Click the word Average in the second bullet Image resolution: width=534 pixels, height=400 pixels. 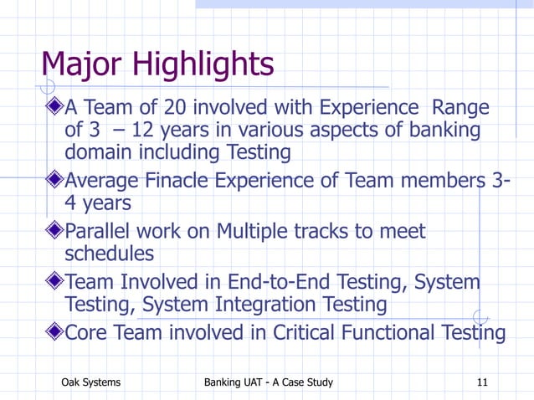[x=108, y=180]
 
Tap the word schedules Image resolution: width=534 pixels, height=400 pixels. [x=109, y=254]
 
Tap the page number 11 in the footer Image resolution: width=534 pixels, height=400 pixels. [x=481, y=382]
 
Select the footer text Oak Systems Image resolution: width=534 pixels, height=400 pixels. [x=91, y=382]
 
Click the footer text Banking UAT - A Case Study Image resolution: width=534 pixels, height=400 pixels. [x=269, y=382]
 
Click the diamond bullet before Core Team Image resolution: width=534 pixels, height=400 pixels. [x=54, y=332]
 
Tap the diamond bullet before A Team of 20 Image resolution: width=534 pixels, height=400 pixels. [x=54, y=108]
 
